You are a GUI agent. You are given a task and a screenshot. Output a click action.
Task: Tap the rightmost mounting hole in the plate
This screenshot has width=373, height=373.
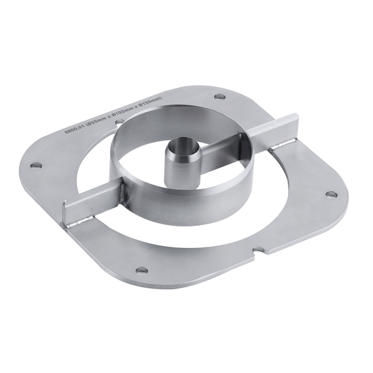point(331,194)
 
